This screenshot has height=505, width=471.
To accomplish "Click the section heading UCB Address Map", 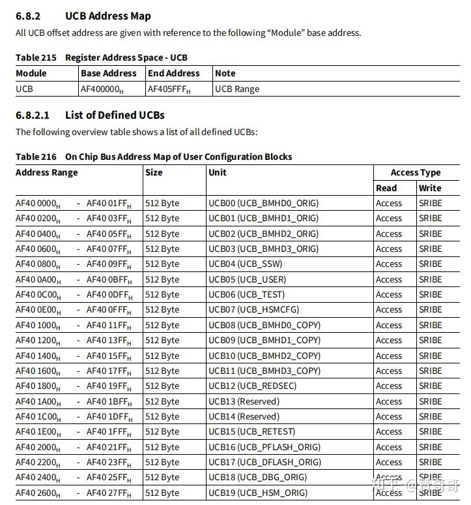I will point(108,16).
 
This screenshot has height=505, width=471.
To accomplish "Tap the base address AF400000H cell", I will point(102,89).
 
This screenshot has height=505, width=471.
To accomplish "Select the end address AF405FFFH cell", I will point(169,89).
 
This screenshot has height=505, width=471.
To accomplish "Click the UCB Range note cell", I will point(237,89).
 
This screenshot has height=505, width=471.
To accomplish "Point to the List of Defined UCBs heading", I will point(115,115).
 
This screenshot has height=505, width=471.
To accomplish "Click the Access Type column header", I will point(416,173).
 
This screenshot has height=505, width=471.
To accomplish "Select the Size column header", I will point(154,173).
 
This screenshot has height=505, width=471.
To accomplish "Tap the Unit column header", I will point(218,173).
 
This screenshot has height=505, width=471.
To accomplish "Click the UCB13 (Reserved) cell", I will point(244,401).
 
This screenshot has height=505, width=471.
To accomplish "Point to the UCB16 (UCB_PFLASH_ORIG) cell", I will point(264,447).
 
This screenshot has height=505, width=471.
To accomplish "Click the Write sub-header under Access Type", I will point(430,188).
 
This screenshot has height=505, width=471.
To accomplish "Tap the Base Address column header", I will point(109,74).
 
